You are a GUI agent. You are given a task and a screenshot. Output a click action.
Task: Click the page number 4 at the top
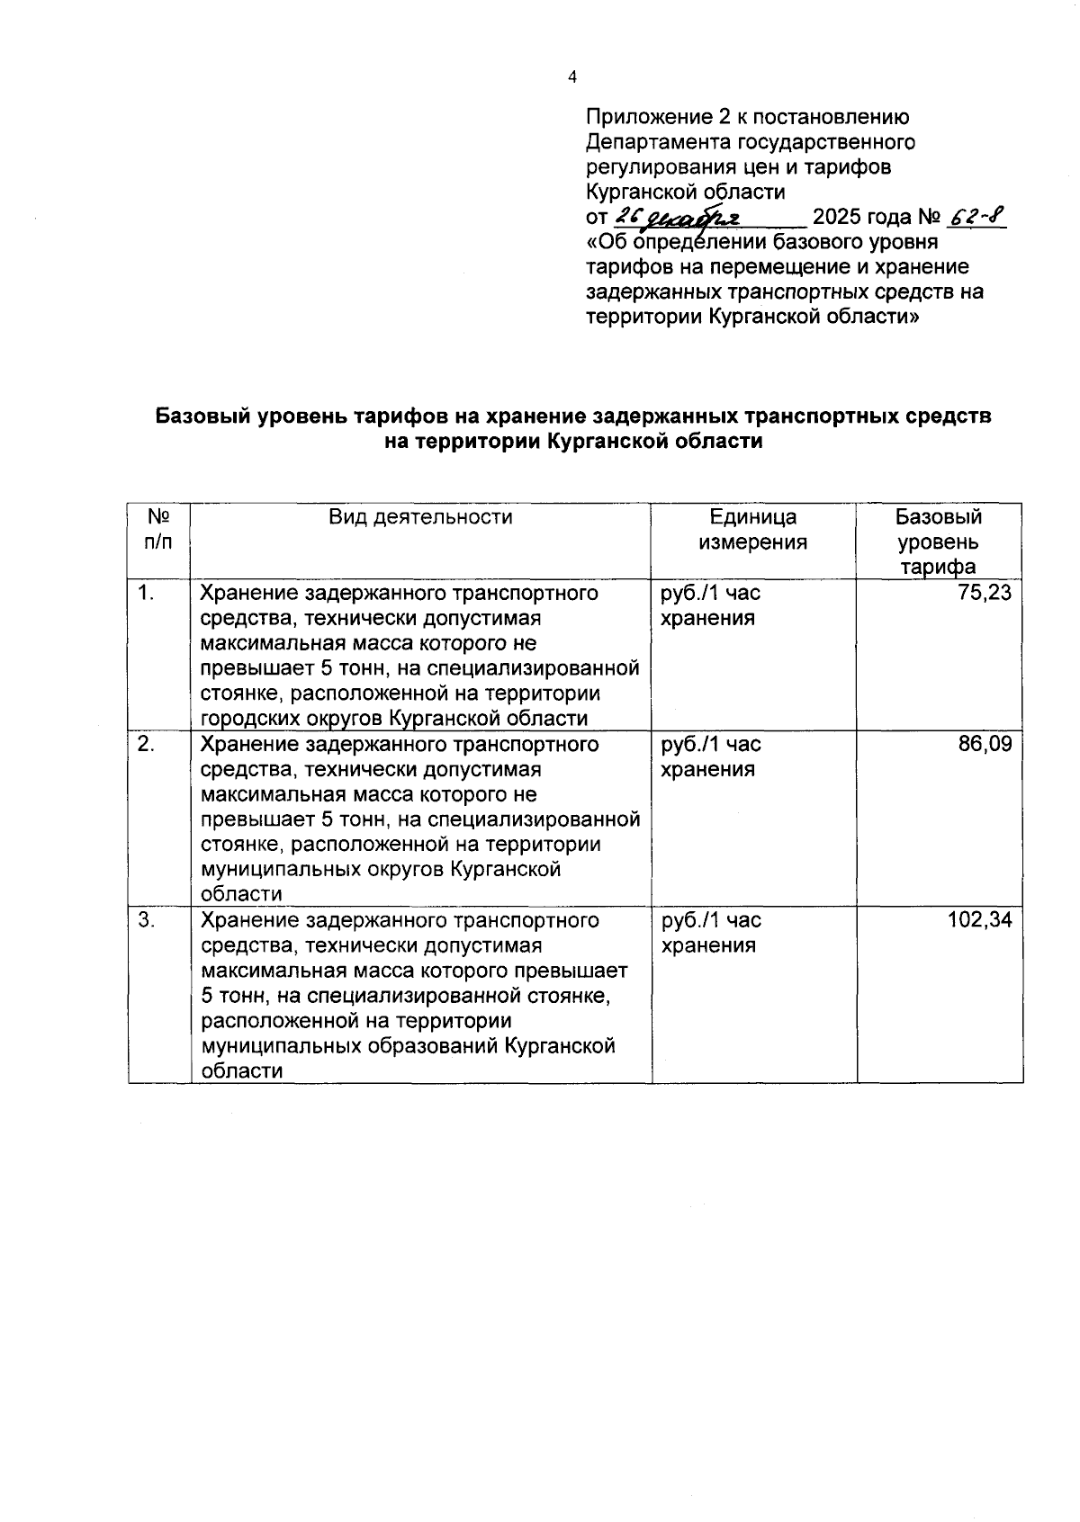click(572, 77)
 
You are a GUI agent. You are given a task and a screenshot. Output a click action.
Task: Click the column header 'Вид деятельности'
click(420, 517)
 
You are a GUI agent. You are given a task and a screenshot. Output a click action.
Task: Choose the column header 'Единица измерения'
click(753, 530)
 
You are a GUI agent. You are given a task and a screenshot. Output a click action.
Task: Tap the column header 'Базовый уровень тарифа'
click(939, 542)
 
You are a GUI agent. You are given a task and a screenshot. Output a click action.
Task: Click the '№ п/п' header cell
click(158, 530)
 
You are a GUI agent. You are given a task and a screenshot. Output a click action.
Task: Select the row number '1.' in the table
click(147, 593)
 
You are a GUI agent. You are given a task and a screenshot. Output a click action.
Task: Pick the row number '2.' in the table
click(147, 744)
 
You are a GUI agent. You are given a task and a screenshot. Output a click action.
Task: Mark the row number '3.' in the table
click(147, 920)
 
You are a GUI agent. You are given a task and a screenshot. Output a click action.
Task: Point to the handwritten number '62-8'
click(976, 217)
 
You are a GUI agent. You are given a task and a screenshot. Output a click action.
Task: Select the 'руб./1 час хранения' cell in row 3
click(711, 933)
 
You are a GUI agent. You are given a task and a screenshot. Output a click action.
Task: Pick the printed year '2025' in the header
click(837, 218)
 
